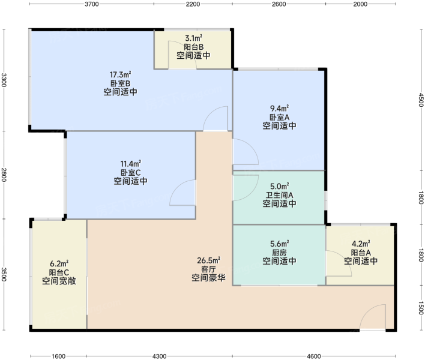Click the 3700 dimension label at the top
[92, 4]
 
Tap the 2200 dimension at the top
[193, 4]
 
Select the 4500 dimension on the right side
[420, 100]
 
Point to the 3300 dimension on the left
[4, 80]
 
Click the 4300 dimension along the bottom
[159, 356]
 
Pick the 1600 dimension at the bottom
[58, 356]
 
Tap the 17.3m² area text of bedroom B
[120, 74]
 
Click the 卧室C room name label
[131, 173]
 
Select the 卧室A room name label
[280, 117]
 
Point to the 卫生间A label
[280, 195]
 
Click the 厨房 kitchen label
[280, 253]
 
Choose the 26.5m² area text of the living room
[208, 260]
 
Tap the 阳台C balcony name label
[59, 272]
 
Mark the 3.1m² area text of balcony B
[193, 38]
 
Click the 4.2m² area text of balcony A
[361, 244]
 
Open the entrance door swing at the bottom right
[373, 317]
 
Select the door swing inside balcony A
[339, 263]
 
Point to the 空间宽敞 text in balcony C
[59, 281]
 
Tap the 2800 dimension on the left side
[4, 175]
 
